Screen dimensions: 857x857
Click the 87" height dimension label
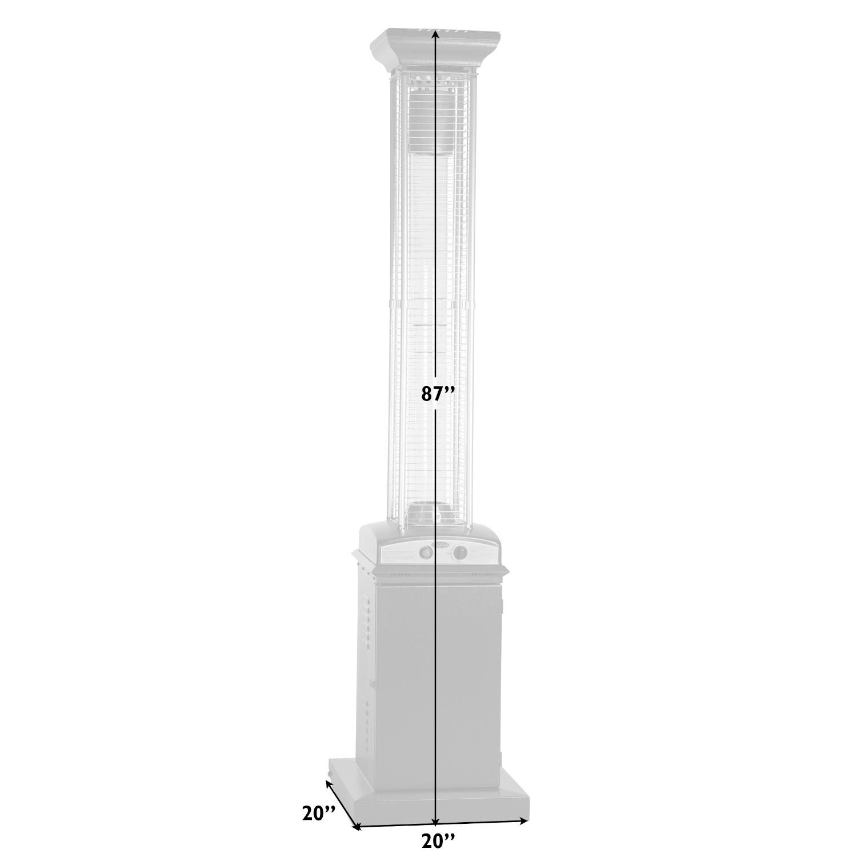click(438, 395)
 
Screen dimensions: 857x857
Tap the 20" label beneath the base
click(438, 841)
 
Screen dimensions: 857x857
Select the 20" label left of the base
click(318, 812)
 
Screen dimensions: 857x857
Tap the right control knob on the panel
click(459, 553)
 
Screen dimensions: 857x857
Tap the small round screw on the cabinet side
click(373, 682)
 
